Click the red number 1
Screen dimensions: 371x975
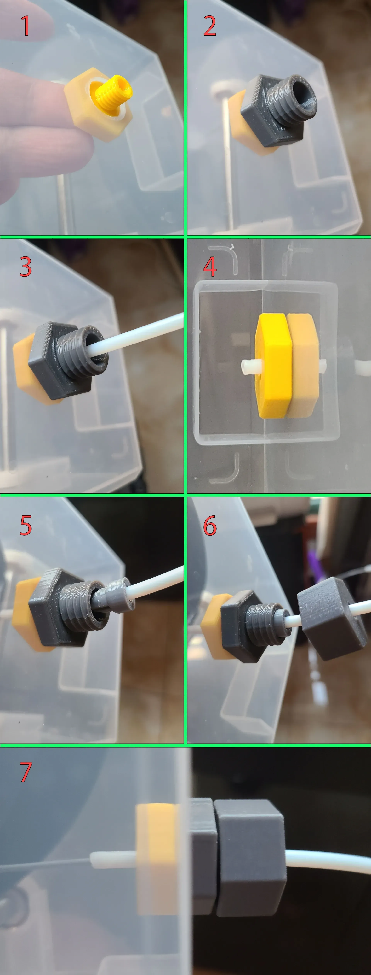tap(25, 26)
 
